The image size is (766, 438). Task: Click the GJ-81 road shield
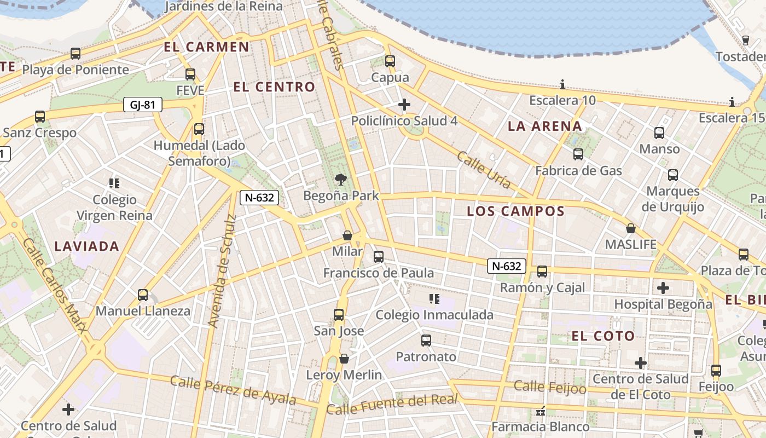coord(142,105)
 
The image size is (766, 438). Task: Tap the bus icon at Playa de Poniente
coord(76,54)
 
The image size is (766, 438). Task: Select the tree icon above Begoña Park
coord(340,179)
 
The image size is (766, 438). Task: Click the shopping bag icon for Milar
coord(347,235)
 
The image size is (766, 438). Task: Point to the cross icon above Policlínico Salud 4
coord(404,104)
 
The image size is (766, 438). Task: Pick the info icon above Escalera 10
coord(562,84)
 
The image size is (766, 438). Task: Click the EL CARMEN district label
coord(206,47)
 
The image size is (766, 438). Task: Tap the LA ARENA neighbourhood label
coord(544,126)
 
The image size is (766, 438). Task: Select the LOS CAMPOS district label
coord(515,211)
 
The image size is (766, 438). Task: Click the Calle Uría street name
coord(484,170)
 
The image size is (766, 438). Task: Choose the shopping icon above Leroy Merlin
coord(344,359)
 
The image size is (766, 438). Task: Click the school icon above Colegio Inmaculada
coord(434,298)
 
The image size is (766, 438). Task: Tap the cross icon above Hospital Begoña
coord(663,287)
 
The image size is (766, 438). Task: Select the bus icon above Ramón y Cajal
coord(542,271)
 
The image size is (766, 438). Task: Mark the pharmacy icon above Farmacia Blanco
coord(541,411)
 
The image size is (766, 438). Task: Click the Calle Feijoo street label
coord(550,388)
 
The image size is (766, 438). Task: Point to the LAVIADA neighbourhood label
coord(86,246)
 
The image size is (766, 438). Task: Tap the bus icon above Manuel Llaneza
coord(143,295)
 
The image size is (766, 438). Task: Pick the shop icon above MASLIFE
coord(630,228)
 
